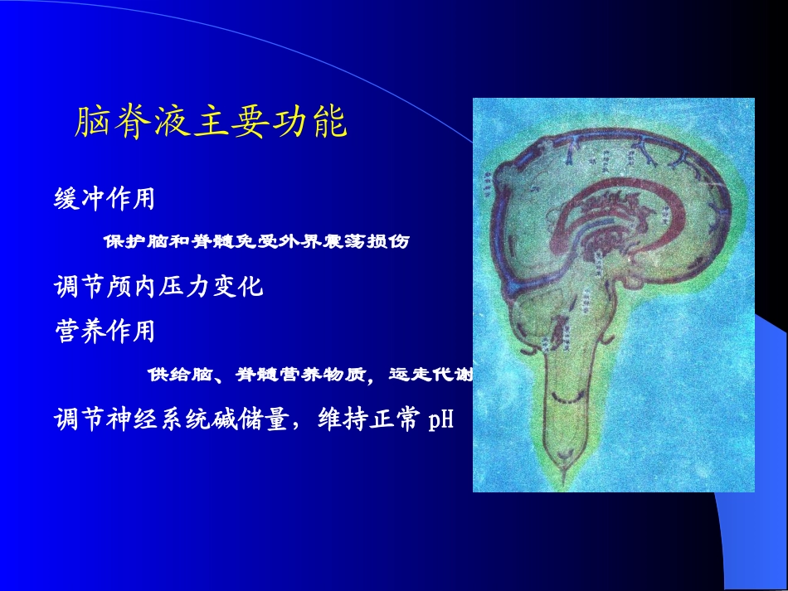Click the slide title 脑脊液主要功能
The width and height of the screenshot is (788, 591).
[x=211, y=124]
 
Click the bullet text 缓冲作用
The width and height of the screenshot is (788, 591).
[x=104, y=199]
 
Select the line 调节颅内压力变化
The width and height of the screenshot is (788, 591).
[x=158, y=287]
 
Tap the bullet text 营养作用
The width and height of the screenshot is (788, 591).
[x=104, y=332]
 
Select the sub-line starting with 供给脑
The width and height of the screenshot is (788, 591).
[x=310, y=375]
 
